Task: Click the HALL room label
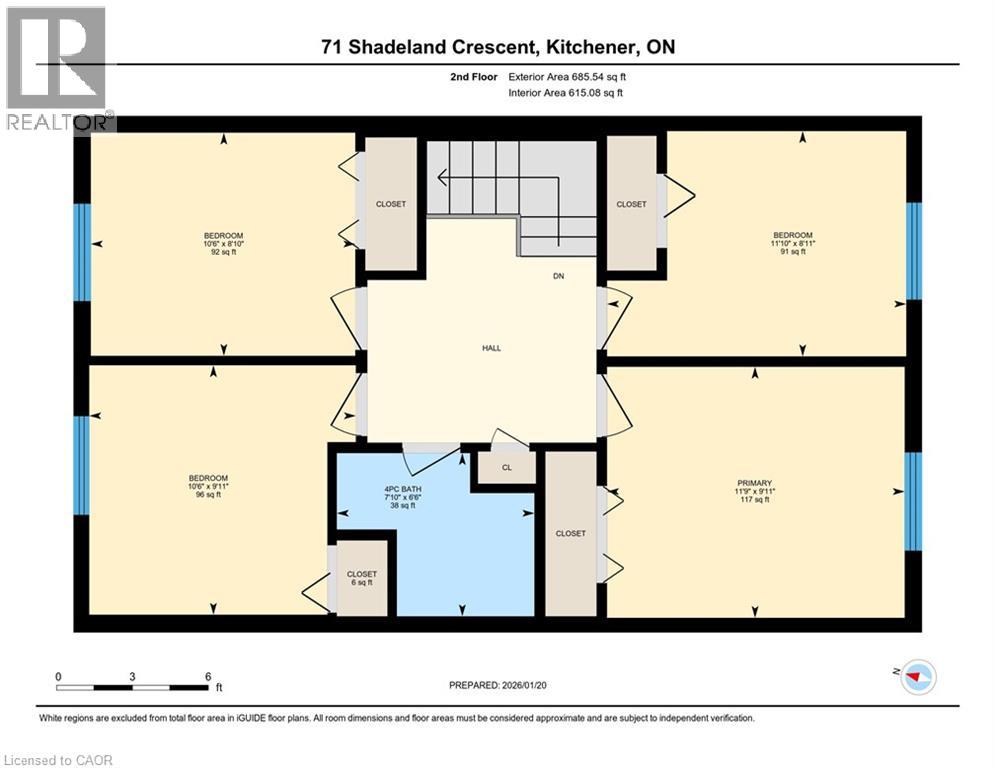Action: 491,348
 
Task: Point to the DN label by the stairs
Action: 559,276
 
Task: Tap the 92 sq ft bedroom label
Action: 223,244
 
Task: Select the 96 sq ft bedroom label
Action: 208,485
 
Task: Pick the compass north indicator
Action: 919,679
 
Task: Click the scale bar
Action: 132,687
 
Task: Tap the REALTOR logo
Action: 59,68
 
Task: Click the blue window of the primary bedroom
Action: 913,501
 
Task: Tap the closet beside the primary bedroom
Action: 571,533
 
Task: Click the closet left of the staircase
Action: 391,204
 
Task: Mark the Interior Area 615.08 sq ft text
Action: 566,93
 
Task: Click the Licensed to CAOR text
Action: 57,760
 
